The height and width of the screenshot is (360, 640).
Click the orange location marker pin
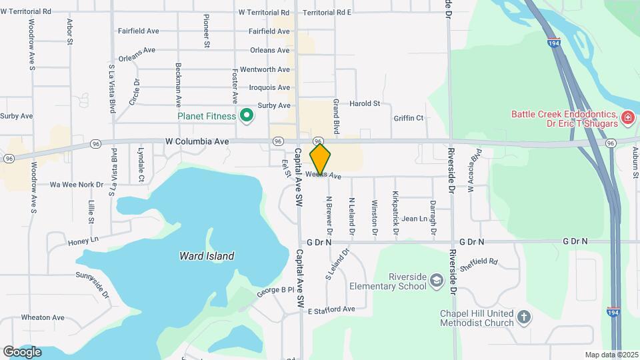coord(320,159)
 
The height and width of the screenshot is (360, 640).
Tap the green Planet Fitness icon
coord(247,116)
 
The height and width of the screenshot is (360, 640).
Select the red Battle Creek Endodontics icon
coord(627,118)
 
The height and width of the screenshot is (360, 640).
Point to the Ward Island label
coord(207,256)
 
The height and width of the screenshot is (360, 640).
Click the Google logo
coord(22,351)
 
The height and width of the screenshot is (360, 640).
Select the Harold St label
coord(365,104)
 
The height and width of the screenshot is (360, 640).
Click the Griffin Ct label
coord(409,119)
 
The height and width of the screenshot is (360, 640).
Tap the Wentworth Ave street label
coord(265,69)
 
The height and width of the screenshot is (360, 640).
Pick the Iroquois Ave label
coord(265,87)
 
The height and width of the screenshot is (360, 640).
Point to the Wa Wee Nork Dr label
coord(77,184)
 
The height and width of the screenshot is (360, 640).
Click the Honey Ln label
coord(83,240)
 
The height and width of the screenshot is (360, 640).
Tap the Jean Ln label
coord(414,219)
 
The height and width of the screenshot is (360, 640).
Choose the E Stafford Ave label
coord(331,310)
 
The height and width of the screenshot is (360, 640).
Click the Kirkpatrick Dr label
coord(395,214)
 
